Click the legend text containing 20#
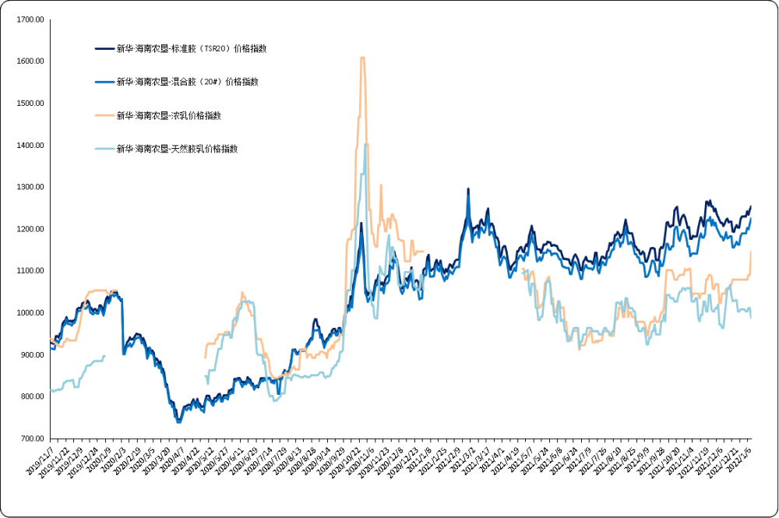coord(187,81)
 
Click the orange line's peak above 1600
coord(362,58)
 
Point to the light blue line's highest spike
coord(365,144)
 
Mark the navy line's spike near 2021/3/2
coord(468,189)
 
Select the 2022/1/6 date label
coord(738,459)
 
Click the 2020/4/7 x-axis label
coord(171,459)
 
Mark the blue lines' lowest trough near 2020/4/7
coord(178,421)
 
